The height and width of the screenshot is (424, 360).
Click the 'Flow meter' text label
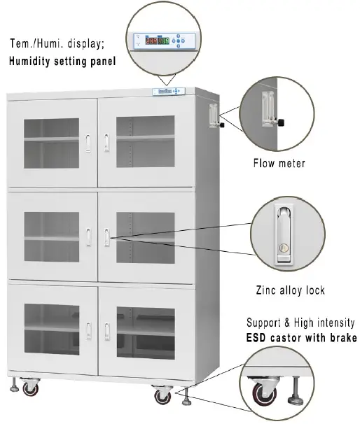pyautogui.click(x=279, y=164)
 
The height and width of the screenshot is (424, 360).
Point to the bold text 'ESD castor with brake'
pyautogui.click(x=301, y=338)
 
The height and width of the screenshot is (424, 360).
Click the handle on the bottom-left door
pyautogui.click(x=89, y=330)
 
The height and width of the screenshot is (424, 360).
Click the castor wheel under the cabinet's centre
pyautogui.click(x=162, y=395)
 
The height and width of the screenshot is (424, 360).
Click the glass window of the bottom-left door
pyautogui.click(x=49, y=329)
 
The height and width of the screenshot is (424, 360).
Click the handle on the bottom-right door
pyautogui.click(x=106, y=330)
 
